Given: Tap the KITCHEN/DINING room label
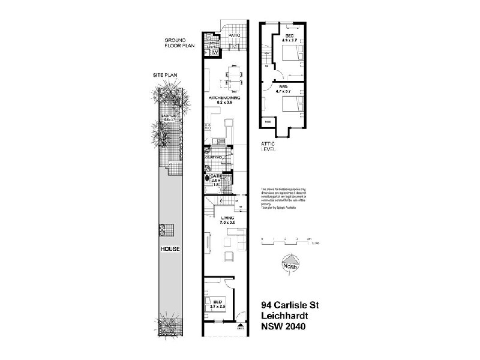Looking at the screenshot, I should pyautogui.click(x=225, y=98).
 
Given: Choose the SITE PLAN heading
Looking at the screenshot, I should pyautogui.click(x=164, y=76).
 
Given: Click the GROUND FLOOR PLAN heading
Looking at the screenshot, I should pyautogui.click(x=179, y=44).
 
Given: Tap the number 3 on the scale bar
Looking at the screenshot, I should pyautogui.click(x=296, y=239).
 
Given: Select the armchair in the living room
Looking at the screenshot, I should pyautogui.click(x=229, y=257).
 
